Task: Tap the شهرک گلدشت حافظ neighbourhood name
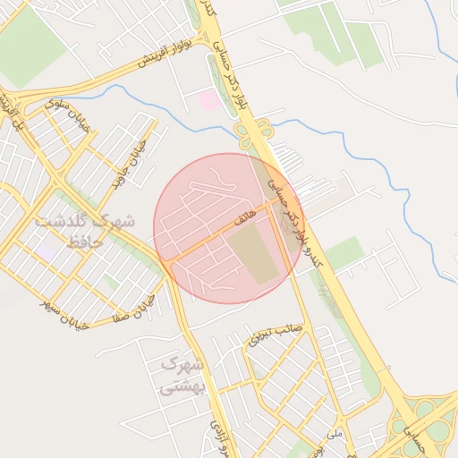click(85, 230)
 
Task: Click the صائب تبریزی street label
click(276, 332)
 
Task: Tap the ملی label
click(335, 436)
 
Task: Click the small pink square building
click(208, 100)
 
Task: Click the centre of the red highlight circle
click(228, 228)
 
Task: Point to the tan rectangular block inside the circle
click(252, 254)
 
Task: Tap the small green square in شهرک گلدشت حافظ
click(110, 283)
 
